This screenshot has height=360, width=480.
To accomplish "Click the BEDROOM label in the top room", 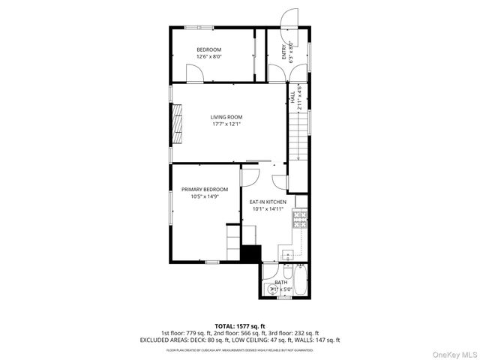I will (x=209, y=49).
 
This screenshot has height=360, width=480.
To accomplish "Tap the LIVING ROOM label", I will (x=226, y=117).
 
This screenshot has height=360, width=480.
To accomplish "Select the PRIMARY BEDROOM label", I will (x=205, y=189).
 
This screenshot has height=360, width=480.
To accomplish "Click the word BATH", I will (x=280, y=282).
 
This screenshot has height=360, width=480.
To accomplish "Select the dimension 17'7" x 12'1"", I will (x=226, y=124).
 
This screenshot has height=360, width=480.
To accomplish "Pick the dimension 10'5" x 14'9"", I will (x=205, y=196).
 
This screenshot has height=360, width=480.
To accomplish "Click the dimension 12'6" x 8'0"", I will (x=209, y=57).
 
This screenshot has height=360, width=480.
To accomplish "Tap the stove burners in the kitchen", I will (x=300, y=219).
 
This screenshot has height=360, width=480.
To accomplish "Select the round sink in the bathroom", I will (x=268, y=288).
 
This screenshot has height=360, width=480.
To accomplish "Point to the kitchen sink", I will (x=288, y=254).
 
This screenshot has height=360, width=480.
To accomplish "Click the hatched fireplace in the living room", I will (x=177, y=123).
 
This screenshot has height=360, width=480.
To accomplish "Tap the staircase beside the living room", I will (x=298, y=139).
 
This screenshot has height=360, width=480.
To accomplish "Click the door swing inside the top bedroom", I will (x=193, y=73).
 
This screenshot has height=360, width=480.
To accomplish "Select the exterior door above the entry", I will (x=288, y=18).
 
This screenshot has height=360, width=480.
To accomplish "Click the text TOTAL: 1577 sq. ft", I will (x=240, y=325).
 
